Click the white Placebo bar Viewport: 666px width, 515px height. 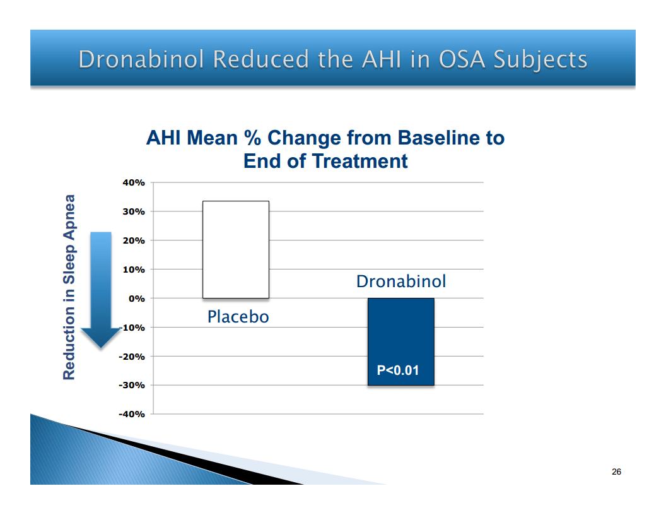[236, 249]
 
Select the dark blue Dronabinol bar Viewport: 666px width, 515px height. [401, 341]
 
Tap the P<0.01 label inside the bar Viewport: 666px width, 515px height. [398, 370]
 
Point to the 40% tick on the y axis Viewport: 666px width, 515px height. [134, 183]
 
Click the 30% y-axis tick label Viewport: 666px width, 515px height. [134, 211]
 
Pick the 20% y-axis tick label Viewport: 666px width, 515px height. [134, 240]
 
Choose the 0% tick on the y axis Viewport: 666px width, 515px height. [137, 299]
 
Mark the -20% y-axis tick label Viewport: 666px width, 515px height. [132, 357]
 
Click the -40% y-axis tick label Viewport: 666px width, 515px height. [132, 414]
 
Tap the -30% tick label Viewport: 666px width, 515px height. [132, 386]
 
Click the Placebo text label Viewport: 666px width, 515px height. [238, 317]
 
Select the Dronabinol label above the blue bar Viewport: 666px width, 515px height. [401, 281]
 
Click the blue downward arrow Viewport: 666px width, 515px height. [101, 290]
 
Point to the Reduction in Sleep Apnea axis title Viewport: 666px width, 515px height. [69, 287]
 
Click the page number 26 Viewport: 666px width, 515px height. [616, 471]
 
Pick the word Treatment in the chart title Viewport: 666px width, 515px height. [359, 161]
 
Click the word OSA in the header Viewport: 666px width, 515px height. [461, 59]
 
